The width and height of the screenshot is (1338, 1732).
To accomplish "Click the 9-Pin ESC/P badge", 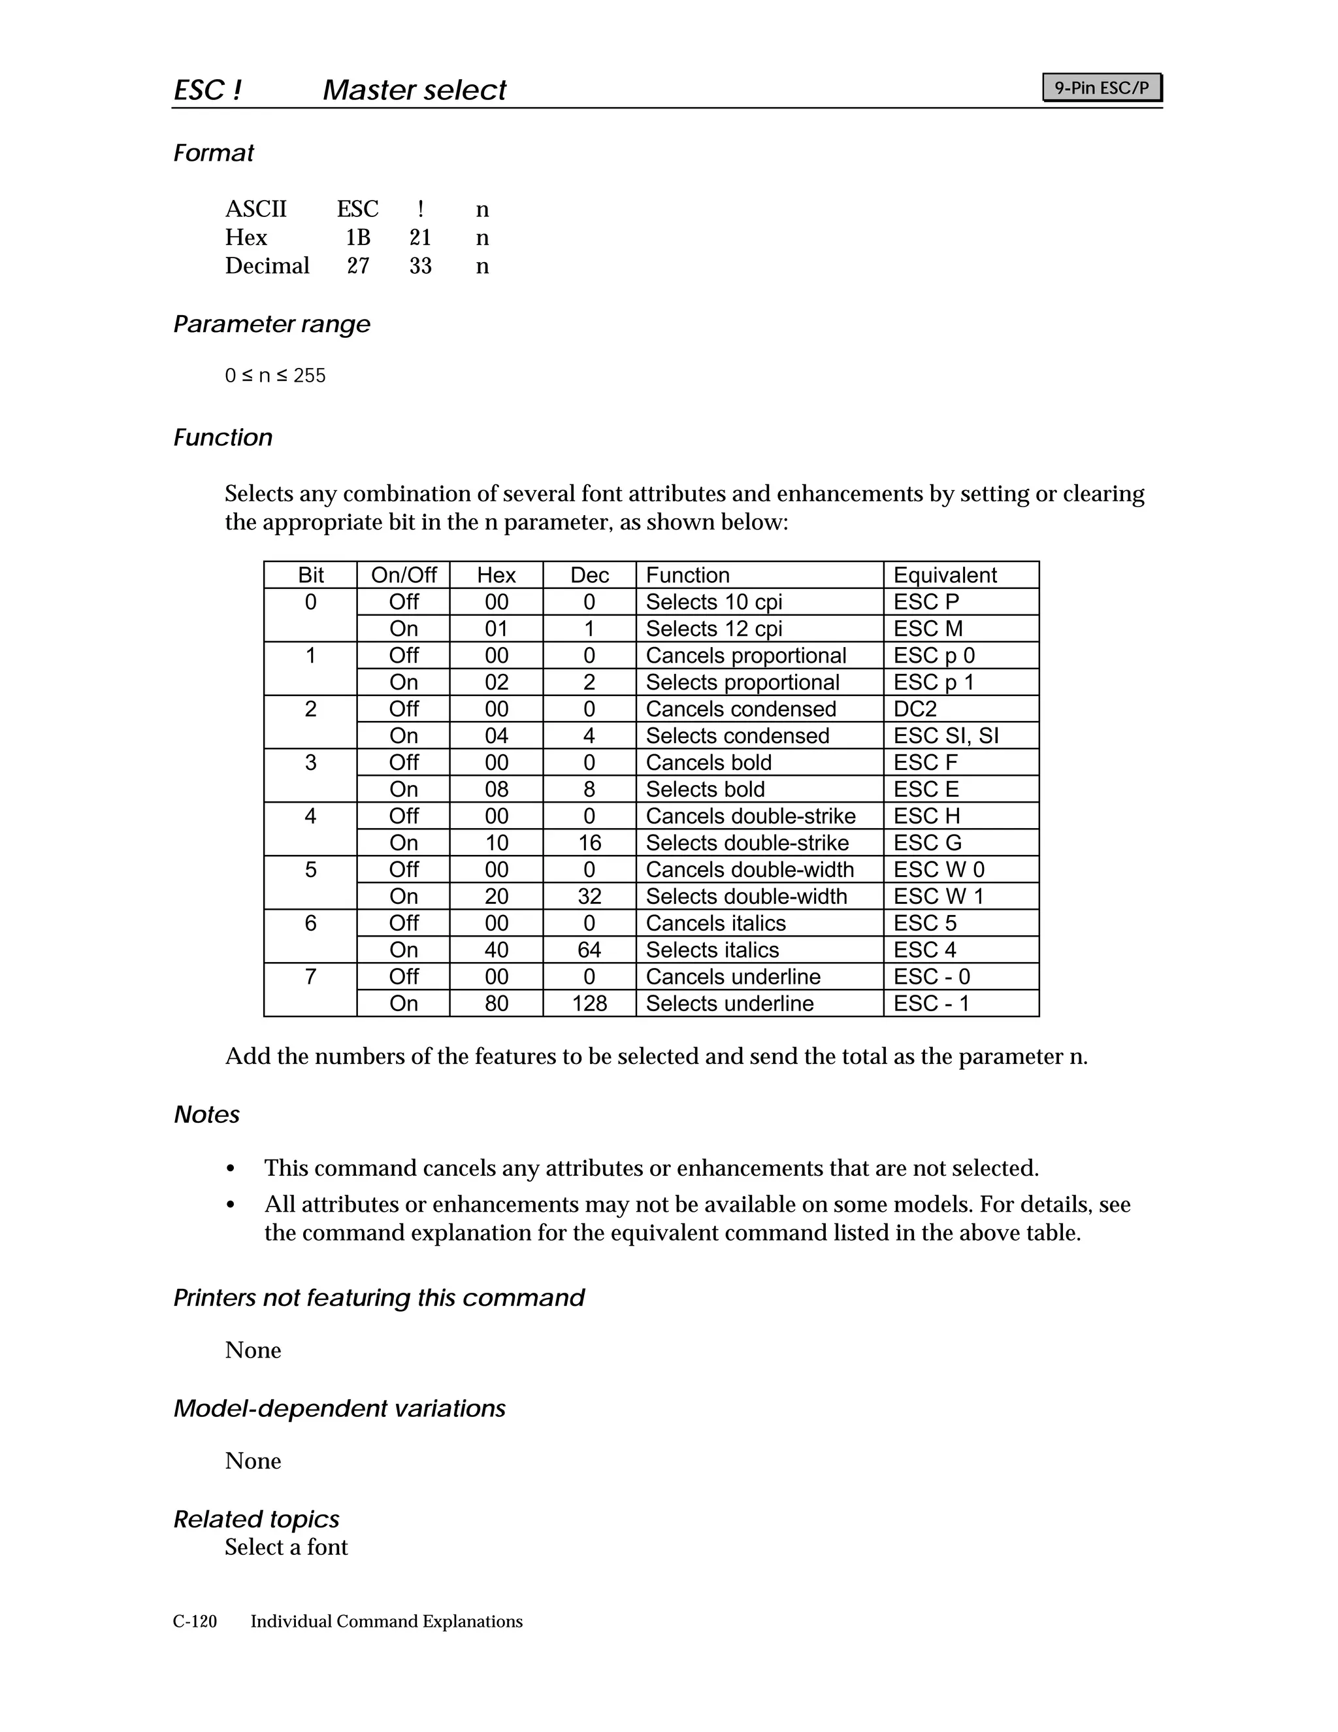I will (x=1101, y=87).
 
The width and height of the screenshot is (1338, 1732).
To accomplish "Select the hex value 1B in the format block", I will (x=357, y=237).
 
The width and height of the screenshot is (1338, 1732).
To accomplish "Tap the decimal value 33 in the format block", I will (x=420, y=265).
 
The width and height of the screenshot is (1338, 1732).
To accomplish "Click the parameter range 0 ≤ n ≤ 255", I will (x=275, y=375).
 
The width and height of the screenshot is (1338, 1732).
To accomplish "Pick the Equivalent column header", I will (x=945, y=575).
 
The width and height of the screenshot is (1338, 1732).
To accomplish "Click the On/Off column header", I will (x=404, y=575).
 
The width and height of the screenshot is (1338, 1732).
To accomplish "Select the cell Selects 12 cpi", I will (x=713, y=629).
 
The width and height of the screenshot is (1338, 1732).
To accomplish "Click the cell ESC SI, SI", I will (x=945, y=736).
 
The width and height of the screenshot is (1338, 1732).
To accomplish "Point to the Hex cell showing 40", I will (x=497, y=950).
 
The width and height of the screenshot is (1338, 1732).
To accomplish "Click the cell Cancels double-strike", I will (x=750, y=816).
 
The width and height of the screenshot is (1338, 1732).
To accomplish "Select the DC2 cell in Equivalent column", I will (x=915, y=709).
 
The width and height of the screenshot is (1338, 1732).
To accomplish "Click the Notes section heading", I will (x=206, y=1114).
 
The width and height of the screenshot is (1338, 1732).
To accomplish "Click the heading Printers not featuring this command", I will (x=378, y=1297).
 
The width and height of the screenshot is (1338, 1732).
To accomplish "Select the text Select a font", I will (x=286, y=1546).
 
